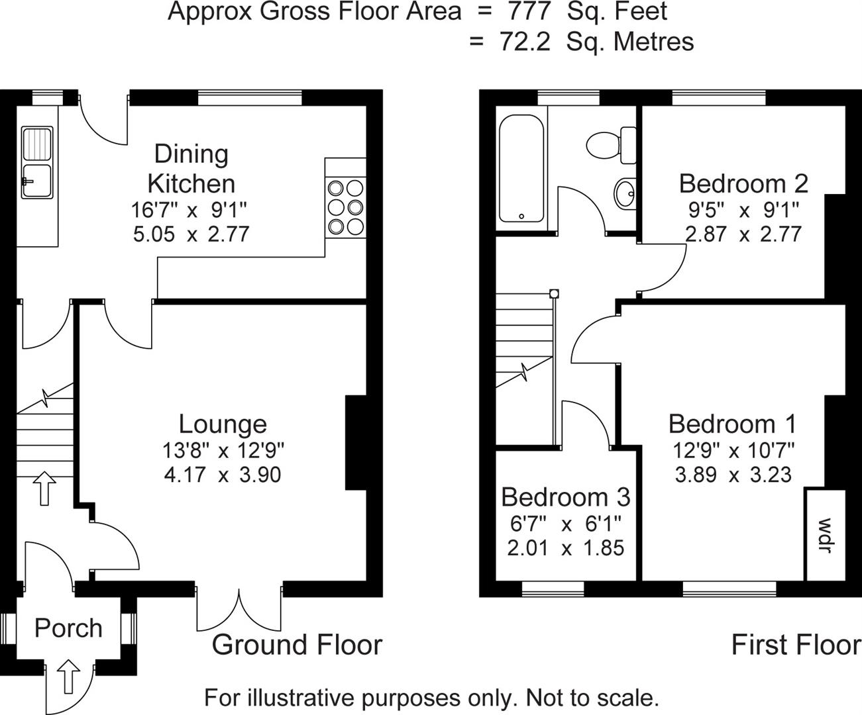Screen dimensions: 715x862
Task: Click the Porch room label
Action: pos(68,628)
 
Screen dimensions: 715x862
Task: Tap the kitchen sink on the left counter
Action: pos(37,163)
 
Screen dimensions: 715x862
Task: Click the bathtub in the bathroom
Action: pos(521,169)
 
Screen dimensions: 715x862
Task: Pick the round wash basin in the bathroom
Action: pos(623,193)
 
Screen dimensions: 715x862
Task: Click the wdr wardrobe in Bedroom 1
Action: pos(825,534)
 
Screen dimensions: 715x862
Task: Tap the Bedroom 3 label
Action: pos(566,497)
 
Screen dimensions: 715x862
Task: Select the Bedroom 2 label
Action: pos(743,183)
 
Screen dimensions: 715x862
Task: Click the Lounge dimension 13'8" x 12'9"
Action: pos(223,451)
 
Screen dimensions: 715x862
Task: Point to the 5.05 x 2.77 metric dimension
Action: pos(191,234)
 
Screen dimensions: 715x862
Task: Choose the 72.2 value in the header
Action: pos(524,41)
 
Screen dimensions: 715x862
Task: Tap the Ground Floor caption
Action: pos(297,644)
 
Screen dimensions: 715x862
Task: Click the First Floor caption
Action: pos(796,644)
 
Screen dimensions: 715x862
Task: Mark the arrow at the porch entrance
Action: pos(68,676)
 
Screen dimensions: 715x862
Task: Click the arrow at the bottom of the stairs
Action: pos(44,489)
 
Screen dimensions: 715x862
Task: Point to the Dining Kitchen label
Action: pos(191,168)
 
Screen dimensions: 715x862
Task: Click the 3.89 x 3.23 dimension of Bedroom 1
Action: pos(733,475)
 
